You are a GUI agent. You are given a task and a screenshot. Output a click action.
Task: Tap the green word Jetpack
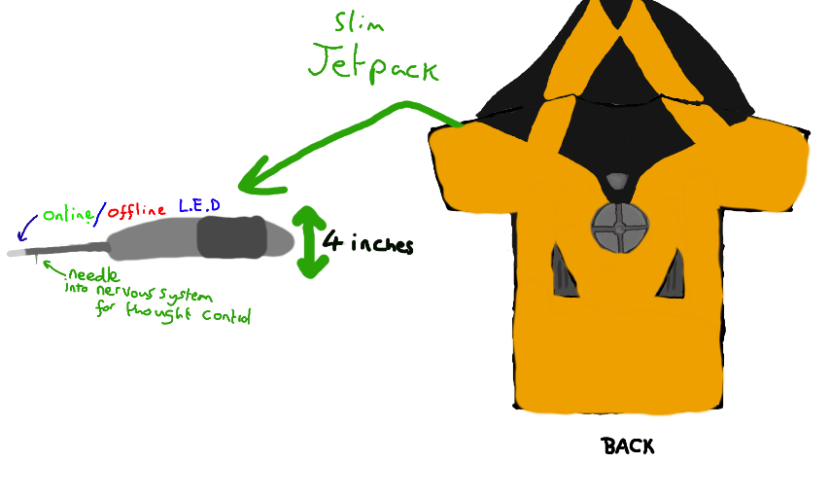pyautogui.click(x=373, y=64)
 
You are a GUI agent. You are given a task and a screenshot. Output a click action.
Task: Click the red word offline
pyautogui.click(x=136, y=211)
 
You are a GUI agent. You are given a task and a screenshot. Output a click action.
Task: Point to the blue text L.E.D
pyautogui.click(x=199, y=207)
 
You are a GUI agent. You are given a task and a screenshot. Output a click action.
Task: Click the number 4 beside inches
pyautogui.click(x=331, y=241)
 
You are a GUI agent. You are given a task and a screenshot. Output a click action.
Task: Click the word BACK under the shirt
pyautogui.click(x=628, y=446)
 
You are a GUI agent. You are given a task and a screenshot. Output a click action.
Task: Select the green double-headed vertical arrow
pyautogui.click(x=308, y=241)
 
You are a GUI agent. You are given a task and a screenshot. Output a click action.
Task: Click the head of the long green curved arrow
pyautogui.click(x=255, y=176)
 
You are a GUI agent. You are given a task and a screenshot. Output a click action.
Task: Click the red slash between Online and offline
pyautogui.click(x=100, y=210)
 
